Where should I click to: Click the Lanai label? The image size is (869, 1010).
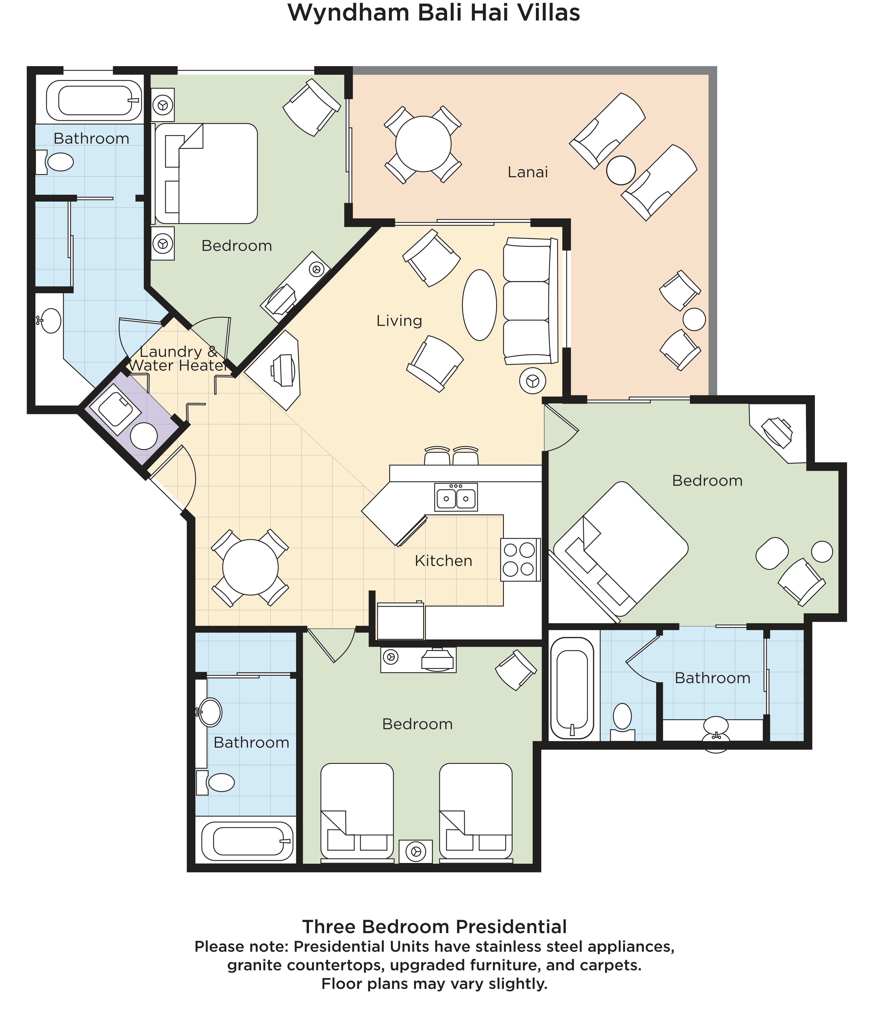click(x=528, y=172)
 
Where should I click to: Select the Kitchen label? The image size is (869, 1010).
click(x=444, y=561)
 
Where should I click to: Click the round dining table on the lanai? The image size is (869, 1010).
click(x=423, y=144)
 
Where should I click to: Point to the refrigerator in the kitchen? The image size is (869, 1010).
click(x=401, y=621)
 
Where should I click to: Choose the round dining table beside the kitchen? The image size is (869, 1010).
click(x=250, y=567)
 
